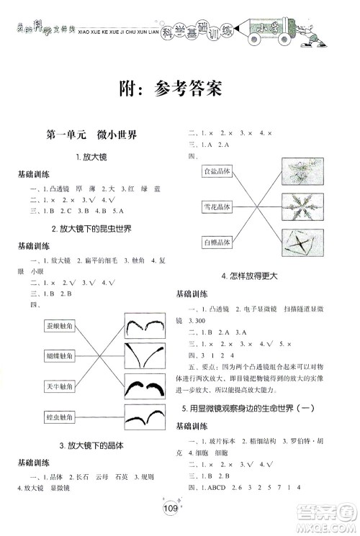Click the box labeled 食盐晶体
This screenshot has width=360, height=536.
[217, 171]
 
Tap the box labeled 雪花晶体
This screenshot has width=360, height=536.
[217, 207]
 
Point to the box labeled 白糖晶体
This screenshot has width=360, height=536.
[217, 242]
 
